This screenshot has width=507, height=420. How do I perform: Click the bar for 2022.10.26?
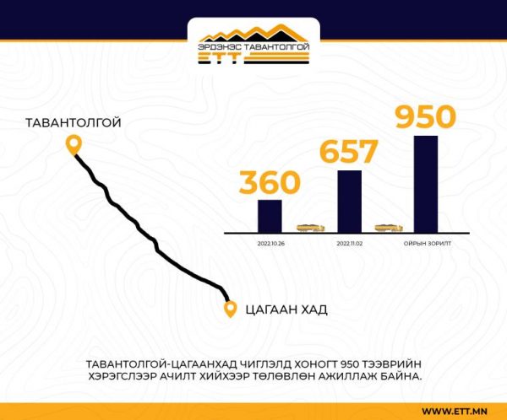pyautogui.click(x=270, y=216)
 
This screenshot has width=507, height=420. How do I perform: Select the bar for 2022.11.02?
pyautogui.click(x=350, y=202)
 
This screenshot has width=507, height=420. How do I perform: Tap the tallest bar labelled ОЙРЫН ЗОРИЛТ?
pyautogui.click(x=426, y=184)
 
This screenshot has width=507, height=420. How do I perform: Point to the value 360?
pyautogui.click(x=270, y=182)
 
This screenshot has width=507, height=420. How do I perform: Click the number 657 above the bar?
pyautogui.click(x=348, y=151)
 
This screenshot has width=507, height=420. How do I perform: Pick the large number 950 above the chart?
pyautogui.click(x=426, y=116)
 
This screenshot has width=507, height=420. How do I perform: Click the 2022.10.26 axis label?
pyautogui.click(x=271, y=244)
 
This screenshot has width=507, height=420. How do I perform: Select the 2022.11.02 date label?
pyautogui.click(x=350, y=244)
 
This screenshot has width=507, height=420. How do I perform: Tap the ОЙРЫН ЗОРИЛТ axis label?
pyautogui.click(x=427, y=244)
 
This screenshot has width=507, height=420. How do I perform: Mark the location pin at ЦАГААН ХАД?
pyautogui.click(x=230, y=309)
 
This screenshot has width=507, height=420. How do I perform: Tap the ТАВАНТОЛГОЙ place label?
pyautogui.click(x=74, y=123)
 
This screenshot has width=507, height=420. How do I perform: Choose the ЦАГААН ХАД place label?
pyautogui.click(x=286, y=310)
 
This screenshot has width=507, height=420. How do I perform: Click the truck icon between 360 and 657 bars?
pyautogui.click(x=310, y=228)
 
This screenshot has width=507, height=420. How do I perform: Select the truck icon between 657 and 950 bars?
pyautogui.click(x=389, y=228)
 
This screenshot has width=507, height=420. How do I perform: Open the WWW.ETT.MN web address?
pyautogui.click(x=455, y=412)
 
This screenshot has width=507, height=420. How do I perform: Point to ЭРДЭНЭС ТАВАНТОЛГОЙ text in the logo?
pyautogui.click(x=253, y=47)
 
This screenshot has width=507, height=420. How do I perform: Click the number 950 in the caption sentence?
pyautogui.click(x=349, y=364)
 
